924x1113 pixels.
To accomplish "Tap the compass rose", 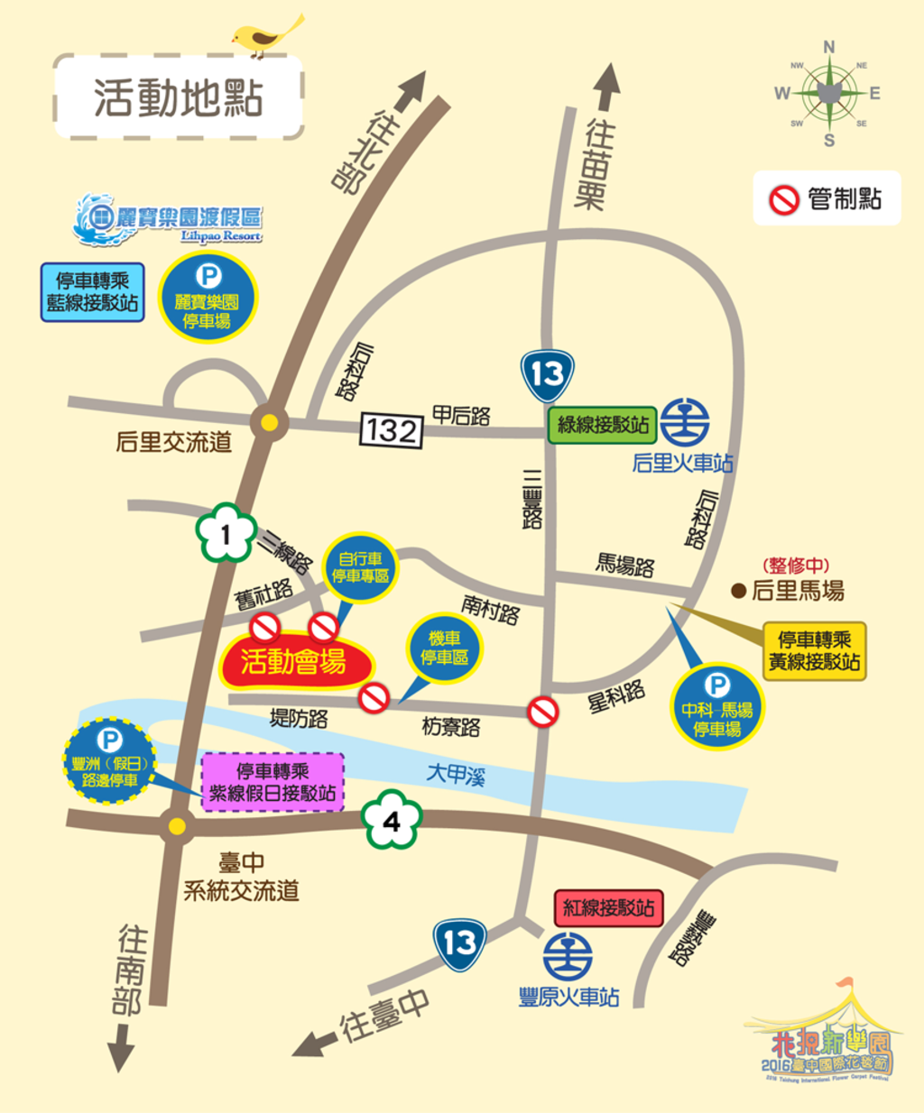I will pyautogui.click(x=828, y=92).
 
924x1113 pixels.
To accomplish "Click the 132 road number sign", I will pyautogui.click(x=392, y=430).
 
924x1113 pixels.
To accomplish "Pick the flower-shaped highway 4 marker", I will pyautogui.click(x=391, y=821).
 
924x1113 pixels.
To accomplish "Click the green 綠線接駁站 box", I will pyautogui.click(x=603, y=425).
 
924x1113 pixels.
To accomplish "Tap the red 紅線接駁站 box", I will pyautogui.click(x=608, y=907).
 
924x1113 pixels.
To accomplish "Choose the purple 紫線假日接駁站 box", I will pyautogui.click(x=273, y=782).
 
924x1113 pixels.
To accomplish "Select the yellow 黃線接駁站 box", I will pyautogui.click(x=814, y=650).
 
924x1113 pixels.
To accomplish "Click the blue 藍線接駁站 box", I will pyautogui.click(x=92, y=292).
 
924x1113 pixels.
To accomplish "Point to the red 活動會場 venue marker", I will pyautogui.click(x=294, y=662).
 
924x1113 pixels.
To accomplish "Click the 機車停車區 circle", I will pyautogui.click(x=444, y=648).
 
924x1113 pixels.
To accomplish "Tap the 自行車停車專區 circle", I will pyautogui.click(x=360, y=567).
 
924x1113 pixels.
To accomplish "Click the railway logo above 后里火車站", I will pyautogui.click(x=685, y=422).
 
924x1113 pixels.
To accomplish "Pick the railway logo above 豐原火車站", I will pyautogui.click(x=568, y=956).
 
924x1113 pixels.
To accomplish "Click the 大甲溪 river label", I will pyautogui.click(x=456, y=774).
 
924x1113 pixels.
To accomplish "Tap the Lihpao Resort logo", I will pyautogui.click(x=168, y=219).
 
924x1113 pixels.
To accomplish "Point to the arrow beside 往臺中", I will pyautogui.click(x=315, y=1044).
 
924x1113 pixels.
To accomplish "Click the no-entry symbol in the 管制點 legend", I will pyautogui.click(x=784, y=198).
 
